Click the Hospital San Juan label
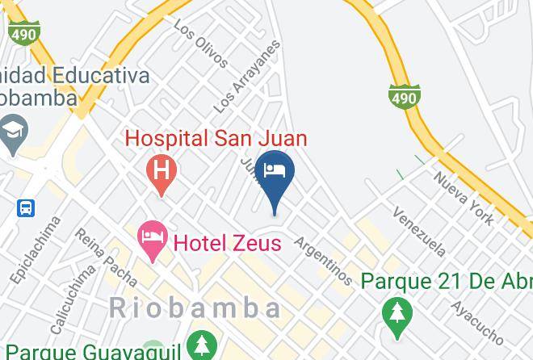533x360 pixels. click(216, 138)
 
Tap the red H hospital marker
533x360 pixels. click(162, 171)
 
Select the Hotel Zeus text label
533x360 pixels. click(228, 241)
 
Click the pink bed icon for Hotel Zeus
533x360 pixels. click(152, 237)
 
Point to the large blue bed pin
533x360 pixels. click(275, 173)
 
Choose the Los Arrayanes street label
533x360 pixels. click(247, 76)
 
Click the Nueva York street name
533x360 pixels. click(464, 198)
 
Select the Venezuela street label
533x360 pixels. click(418, 230)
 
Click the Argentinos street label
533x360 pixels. click(323, 261)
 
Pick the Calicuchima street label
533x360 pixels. click(72, 299)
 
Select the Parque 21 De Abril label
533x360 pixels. click(447, 282)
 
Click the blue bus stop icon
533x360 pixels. click(26, 207)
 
